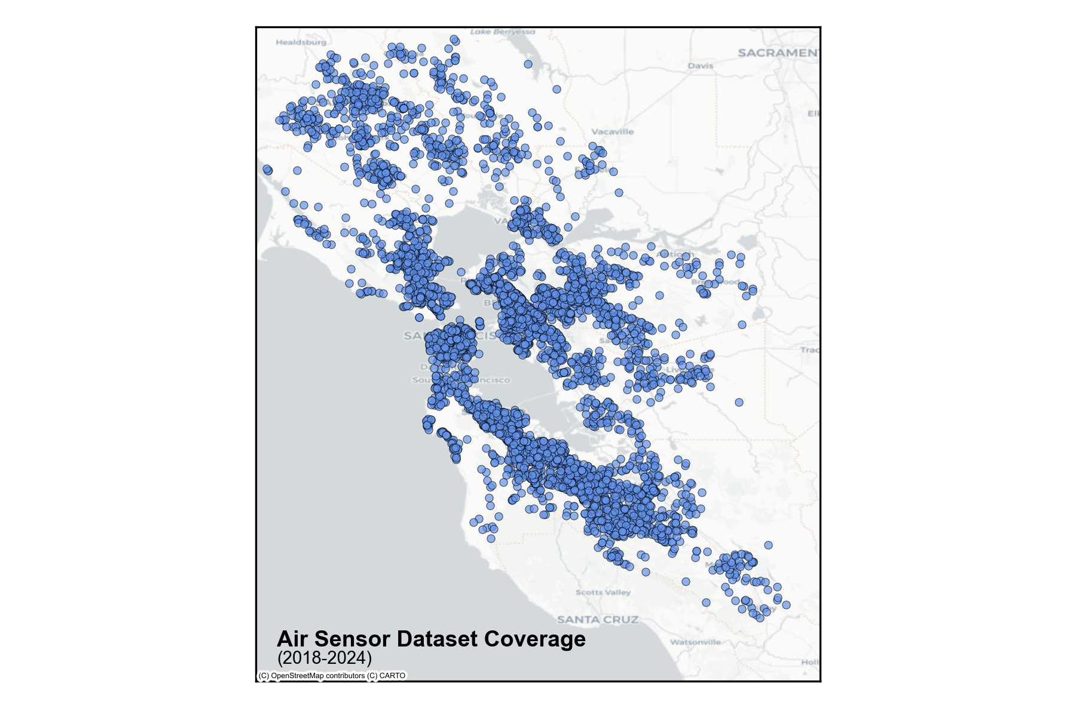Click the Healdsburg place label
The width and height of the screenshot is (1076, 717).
click(x=301, y=42)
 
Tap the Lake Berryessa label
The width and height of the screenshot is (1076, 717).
click(x=502, y=32)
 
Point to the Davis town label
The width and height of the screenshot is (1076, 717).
click(x=700, y=66)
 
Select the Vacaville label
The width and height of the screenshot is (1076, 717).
click(x=612, y=131)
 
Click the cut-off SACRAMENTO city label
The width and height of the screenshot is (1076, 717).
click(x=778, y=53)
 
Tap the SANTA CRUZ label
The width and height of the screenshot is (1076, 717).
click(x=598, y=620)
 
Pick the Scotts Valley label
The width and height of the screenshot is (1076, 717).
click(x=603, y=592)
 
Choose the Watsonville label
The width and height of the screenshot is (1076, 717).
click(x=695, y=642)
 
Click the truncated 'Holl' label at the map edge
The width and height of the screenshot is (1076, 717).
click(x=810, y=662)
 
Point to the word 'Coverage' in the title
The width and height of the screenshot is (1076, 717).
click(x=535, y=639)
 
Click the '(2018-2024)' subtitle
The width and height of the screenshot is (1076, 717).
click(x=325, y=658)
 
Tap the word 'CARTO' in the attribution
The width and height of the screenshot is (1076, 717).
click(x=392, y=676)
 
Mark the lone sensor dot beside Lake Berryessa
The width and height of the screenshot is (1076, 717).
click(x=528, y=64)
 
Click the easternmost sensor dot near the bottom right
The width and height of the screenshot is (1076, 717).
click(x=786, y=605)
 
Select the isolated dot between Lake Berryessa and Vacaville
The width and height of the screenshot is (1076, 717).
click(x=557, y=89)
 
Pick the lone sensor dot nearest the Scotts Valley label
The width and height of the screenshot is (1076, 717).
click(x=646, y=572)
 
